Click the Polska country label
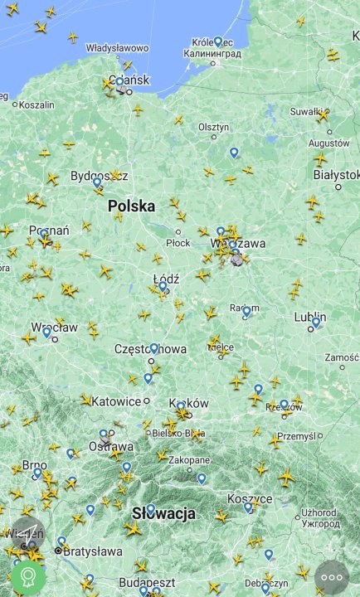pos(131,206)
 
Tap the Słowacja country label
pos(163,513)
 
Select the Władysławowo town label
pos(117,48)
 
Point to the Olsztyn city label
pos(213,127)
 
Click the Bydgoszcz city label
pos(95,176)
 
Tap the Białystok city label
pos(336,175)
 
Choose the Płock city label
pos(178,243)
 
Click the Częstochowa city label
pos(150,349)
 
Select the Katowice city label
pos(116,401)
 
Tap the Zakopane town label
pos(189,460)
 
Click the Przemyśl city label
pos(296,435)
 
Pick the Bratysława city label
pos(92,551)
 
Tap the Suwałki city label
pos(305,111)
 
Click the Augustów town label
pos(328,143)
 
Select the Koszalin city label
pos(36,105)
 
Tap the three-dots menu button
pos(332,577)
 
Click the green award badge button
pos(28,576)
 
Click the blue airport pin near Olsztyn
pos(234,153)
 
